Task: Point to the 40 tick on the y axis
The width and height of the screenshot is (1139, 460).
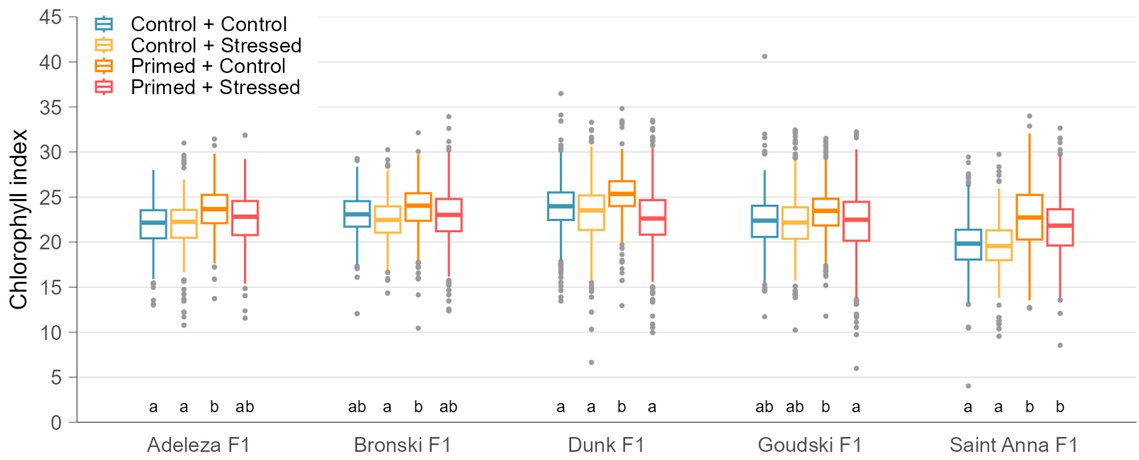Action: pos(50,62)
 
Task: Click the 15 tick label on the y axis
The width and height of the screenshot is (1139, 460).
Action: pos(50,288)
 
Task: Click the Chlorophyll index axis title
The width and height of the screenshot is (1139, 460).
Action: pos(18,220)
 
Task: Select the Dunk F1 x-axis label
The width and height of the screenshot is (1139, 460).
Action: pos(606,445)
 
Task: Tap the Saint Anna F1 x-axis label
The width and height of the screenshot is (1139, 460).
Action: pos(1013,445)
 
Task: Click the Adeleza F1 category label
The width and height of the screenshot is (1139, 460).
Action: pos(199,445)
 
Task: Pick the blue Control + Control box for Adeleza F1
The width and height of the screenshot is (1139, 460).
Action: pos(153,224)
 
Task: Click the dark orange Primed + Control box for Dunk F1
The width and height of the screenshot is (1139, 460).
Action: pos(622,194)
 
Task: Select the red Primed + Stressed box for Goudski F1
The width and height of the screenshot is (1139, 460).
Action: pos(856,221)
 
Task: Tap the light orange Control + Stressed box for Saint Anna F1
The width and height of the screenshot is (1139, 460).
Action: pos(999,245)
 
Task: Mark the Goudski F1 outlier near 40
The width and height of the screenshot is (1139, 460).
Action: pos(764,57)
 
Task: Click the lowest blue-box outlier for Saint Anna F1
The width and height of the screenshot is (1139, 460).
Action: pos(968,386)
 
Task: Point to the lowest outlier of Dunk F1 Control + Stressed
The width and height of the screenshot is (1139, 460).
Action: pos(591,362)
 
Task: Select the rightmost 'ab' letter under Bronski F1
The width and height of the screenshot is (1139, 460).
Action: pos(448,407)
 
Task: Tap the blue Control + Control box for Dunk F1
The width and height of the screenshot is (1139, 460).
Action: pos(561,206)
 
